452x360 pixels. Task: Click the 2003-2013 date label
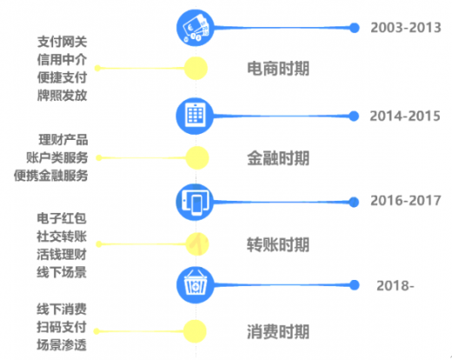coord(406,28)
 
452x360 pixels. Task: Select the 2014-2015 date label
coord(405,116)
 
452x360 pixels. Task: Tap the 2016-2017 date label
coord(406,201)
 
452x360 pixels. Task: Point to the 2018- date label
coord(395,286)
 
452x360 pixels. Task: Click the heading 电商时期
coord(278,69)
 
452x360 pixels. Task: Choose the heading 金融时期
coord(278,158)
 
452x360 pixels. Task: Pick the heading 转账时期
coord(278,244)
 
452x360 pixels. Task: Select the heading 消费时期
coord(278,331)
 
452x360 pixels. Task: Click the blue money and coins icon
coord(196,28)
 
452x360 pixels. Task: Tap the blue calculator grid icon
coord(195,116)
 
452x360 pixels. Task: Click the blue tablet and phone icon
coord(195,202)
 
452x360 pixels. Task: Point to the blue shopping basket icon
coord(196,285)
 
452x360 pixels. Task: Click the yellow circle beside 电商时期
coord(196,68)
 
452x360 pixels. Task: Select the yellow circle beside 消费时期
coord(195,331)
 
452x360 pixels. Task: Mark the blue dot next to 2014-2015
coord(354,116)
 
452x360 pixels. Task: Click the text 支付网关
coord(62,42)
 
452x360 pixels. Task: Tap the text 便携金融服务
coord(50,176)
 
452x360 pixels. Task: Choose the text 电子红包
coord(62,218)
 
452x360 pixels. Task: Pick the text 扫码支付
coord(62,327)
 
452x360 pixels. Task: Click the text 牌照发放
coord(62,96)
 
